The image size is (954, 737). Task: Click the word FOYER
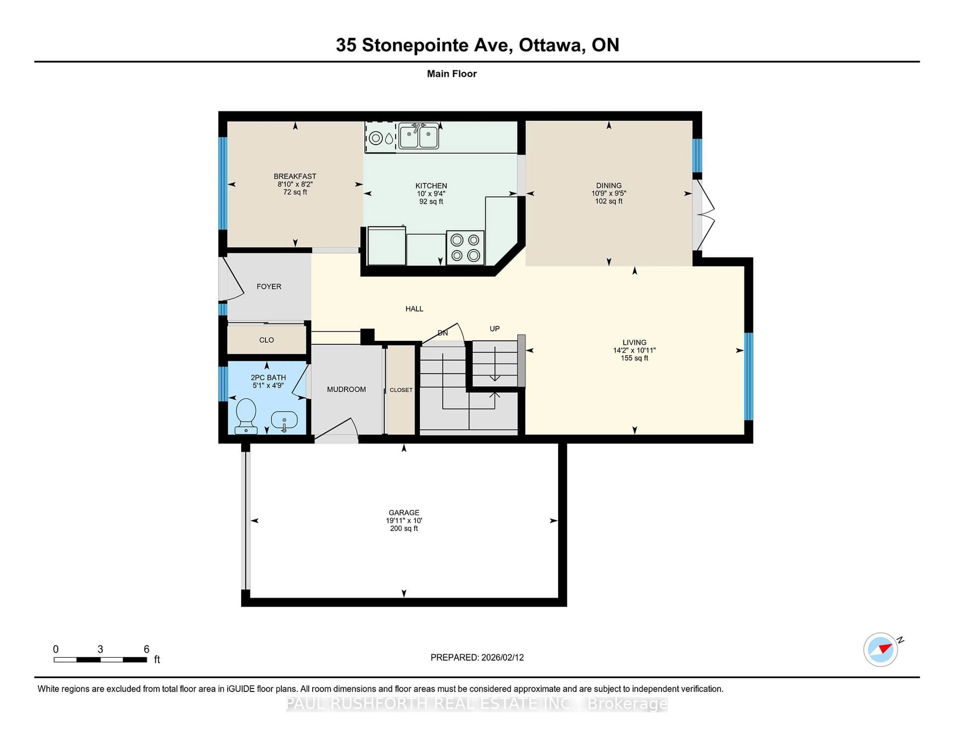point(269,286)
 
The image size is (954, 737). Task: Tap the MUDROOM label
point(346,389)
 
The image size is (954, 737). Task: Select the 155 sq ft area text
point(634,358)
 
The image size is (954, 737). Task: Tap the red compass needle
point(885,648)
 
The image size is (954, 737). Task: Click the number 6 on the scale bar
point(146,649)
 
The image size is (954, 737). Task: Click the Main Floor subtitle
point(452,74)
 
